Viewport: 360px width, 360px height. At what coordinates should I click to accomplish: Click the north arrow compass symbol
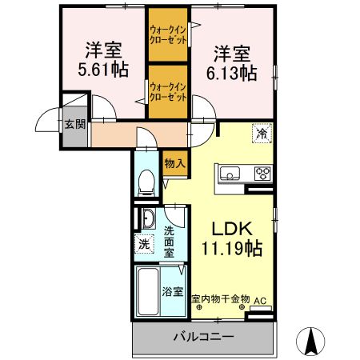pyautogui.click(x=310, y=341)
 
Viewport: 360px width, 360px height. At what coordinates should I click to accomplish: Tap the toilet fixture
pyautogui.click(x=146, y=182)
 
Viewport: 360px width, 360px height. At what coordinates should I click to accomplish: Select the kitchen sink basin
pyautogui.click(x=230, y=173)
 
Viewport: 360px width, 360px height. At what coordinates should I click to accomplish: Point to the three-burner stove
pyautogui.click(x=262, y=174)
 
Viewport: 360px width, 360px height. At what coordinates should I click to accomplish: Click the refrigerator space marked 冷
pyautogui.click(x=262, y=134)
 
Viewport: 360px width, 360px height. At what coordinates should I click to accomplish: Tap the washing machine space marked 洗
pyautogui.click(x=144, y=244)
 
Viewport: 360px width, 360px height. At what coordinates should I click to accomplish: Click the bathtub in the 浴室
pyautogui.click(x=149, y=291)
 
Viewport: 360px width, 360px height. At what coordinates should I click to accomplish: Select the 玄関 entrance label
pyautogui.click(x=75, y=124)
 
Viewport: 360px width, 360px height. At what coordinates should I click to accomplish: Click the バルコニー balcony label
pyautogui.click(x=203, y=337)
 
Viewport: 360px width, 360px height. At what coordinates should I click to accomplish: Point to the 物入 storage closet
pyautogui.click(x=174, y=163)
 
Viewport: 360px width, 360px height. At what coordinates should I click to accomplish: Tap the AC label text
pyautogui.click(x=260, y=301)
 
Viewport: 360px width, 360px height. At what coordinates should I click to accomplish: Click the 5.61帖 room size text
pyautogui.click(x=103, y=70)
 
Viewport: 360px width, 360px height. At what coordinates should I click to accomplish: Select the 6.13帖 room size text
pyautogui.click(x=232, y=74)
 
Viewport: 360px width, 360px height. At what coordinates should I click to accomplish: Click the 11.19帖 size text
pyautogui.click(x=232, y=249)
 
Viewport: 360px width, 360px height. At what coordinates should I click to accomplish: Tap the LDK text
pyautogui.click(x=232, y=229)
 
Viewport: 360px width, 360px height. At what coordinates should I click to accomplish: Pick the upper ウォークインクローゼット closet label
pyautogui.click(x=168, y=34)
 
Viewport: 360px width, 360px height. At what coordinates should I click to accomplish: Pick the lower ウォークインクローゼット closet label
pyautogui.click(x=168, y=92)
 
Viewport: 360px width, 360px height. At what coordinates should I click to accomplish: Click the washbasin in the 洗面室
pyautogui.click(x=148, y=218)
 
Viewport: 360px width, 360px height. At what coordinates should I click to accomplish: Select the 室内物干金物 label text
pyautogui.click(x=221, y=298)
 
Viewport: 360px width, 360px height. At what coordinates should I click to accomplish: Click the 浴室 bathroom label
pyautogui.click(x=173, y=291)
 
